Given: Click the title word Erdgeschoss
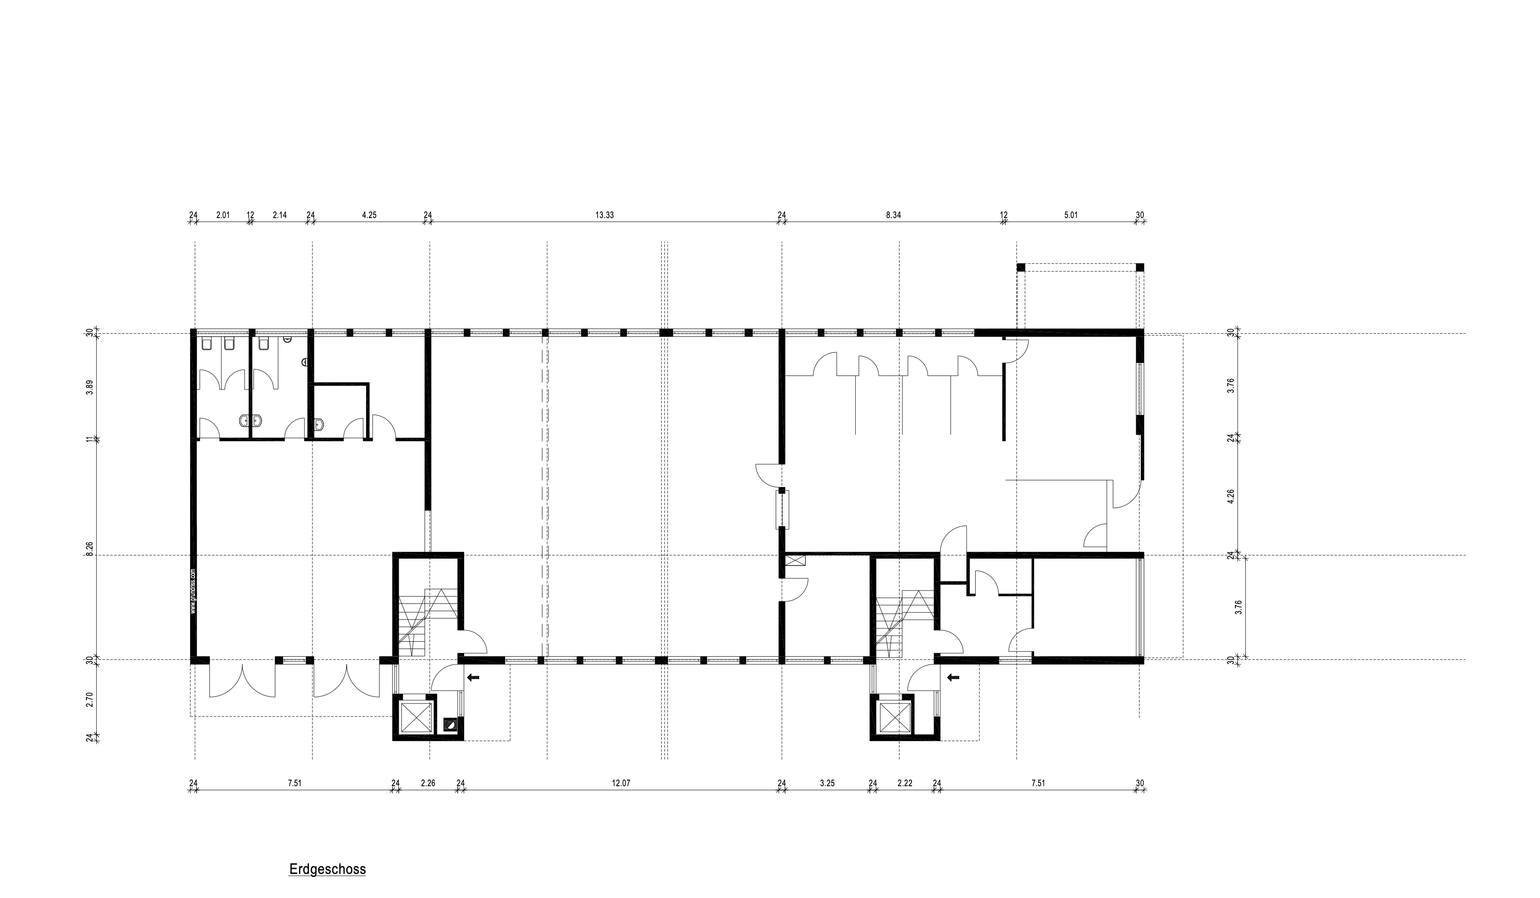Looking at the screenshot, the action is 327,869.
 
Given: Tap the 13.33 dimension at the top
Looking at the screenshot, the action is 604,215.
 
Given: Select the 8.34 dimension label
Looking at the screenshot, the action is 893,215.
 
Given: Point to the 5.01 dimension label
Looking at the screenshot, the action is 1070,215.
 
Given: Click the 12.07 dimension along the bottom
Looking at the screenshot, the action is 620,783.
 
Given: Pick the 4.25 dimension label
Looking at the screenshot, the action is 369,215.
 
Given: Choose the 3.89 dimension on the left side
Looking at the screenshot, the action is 90,388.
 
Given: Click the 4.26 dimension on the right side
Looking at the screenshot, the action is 1231,495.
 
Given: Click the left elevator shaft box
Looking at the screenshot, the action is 416,717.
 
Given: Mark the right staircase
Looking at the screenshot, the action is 905,623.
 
